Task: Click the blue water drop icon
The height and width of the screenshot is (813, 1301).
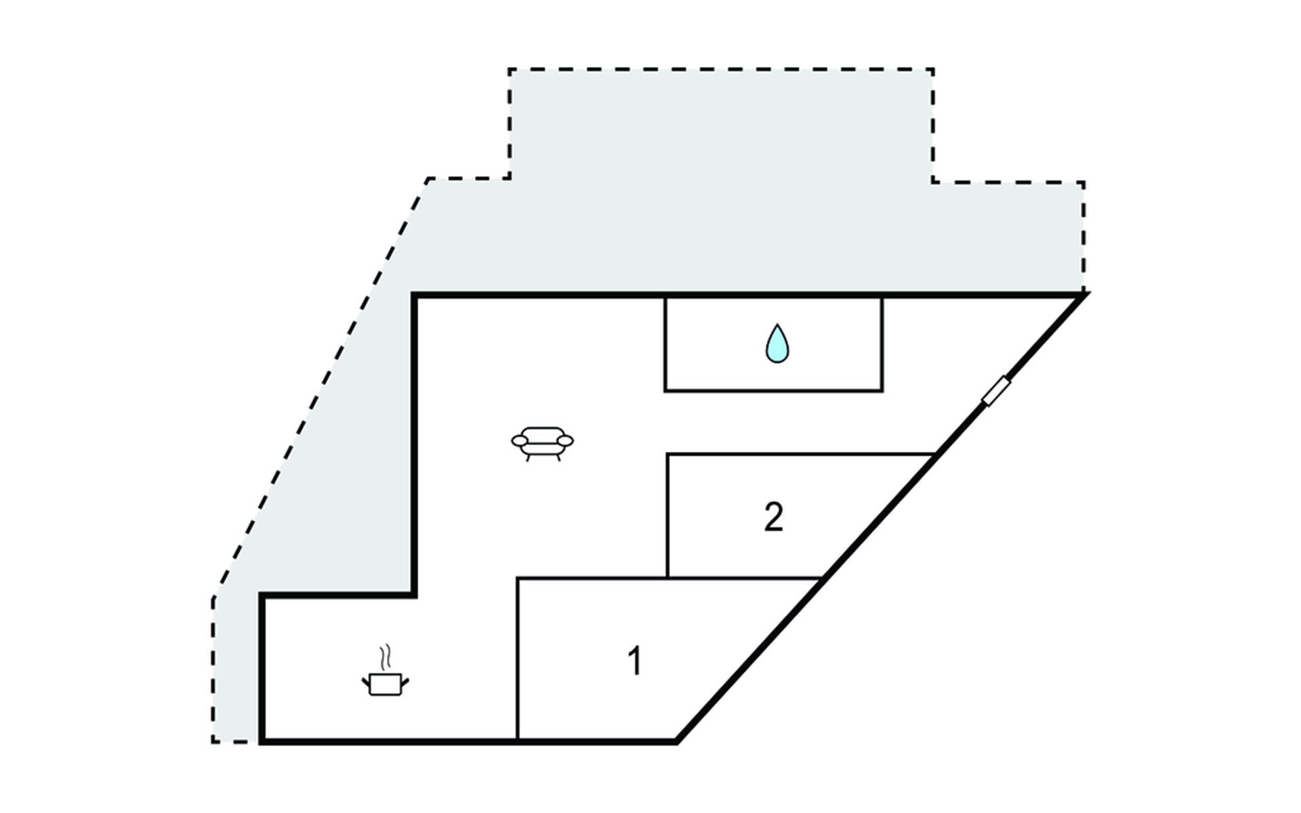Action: tap(777, 344)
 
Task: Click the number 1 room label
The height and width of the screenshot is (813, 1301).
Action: tap(634, 661)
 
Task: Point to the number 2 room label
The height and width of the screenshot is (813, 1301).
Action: tap(773, 518)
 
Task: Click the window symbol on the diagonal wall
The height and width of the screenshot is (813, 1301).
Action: tap(995, 392)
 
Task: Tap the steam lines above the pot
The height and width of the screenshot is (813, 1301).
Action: tap(386, 656)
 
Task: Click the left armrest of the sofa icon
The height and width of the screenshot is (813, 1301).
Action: tap(520, 441)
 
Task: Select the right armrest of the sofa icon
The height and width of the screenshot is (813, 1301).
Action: tap(565, 441)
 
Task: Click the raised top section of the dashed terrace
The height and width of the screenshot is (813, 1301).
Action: tap(720, 122)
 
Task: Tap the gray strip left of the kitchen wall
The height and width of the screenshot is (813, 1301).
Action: tap(236, 671)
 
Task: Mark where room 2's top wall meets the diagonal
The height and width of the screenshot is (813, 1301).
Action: tap(936, 454)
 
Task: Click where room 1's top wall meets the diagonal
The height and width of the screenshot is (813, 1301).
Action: tap(822, 579)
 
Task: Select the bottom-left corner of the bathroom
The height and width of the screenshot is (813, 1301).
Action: tap(666, 390)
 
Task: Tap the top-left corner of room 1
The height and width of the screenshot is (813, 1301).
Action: tap(518, 579)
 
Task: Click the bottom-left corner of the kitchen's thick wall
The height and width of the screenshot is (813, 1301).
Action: tap(262, 741)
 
